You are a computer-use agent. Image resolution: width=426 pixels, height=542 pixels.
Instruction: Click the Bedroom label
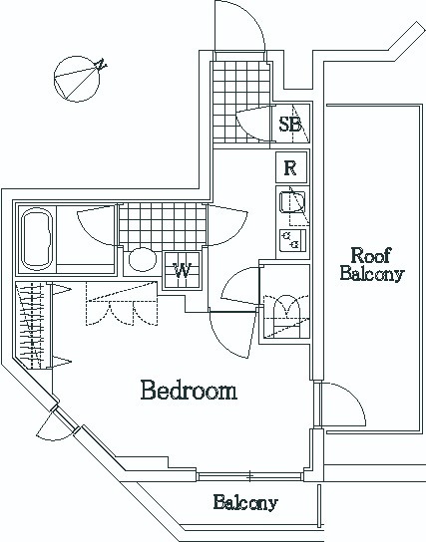tap(189, 391)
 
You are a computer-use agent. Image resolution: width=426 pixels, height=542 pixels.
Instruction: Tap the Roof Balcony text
tap(372, 264)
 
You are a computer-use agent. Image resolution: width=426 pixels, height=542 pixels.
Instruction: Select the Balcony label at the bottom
tap(245, 502)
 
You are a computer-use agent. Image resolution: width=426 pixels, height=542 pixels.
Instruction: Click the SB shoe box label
tap(290, 125)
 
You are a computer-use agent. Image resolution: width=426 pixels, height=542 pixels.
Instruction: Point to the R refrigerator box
tap(291, 167)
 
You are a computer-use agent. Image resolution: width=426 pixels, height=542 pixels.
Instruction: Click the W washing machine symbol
tap(182, 270)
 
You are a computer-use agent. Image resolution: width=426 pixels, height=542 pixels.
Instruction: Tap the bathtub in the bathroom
tap(37, 239)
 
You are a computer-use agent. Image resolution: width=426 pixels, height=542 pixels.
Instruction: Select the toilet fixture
tap(286, 315)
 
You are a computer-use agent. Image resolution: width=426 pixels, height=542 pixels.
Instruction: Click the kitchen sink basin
tap(292, 202)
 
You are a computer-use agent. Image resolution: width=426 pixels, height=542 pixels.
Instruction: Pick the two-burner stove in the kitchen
tap(292, 239)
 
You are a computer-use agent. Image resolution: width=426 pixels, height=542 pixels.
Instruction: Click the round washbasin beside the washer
tap(143, 260)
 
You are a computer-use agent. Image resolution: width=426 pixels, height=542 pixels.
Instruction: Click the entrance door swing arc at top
tap(239, 26)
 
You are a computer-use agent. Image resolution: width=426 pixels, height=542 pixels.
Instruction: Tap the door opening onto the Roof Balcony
tap(342, 405)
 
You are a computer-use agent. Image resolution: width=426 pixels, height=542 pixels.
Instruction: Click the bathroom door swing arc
tap(96, 225)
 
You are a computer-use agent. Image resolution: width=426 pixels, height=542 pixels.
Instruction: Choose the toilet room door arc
tap(240, 287)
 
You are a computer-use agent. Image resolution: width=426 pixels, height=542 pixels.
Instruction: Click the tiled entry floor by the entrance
tap(240, 102)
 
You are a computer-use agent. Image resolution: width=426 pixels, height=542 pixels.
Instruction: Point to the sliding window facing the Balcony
tap(249, 476)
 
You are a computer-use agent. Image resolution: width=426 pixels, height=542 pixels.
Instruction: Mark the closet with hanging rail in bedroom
tap(34, 325)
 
